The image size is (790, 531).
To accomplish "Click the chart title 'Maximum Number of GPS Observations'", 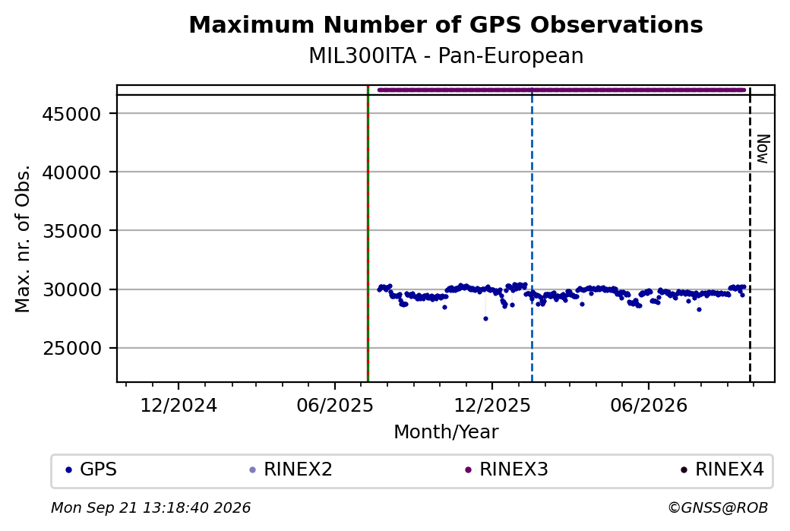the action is click(446, 24).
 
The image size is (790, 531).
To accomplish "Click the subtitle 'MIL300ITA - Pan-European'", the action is click(446, 56).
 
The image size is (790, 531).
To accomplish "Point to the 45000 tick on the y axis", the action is click(71, 114).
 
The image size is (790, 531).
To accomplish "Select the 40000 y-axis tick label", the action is click(71, 172).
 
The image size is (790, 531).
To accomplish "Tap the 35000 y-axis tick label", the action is click(71, 231).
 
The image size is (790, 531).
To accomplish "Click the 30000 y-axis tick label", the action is click(71, 290).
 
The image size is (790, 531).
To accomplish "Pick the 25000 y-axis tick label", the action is click(71, 349).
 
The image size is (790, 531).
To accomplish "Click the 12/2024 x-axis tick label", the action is click(179, 406).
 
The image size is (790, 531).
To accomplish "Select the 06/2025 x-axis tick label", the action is click(335, 406).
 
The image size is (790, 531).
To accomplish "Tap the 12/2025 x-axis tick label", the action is click(492, 406).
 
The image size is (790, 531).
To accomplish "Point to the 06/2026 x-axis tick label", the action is click(649, 406).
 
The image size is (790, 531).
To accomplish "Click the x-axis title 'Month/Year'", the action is click(446, 432).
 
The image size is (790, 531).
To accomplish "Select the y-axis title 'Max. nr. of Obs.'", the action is click(23, 239).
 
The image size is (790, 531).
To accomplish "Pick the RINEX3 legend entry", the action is click(507, 469).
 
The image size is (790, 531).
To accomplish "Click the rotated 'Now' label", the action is click(763, 149).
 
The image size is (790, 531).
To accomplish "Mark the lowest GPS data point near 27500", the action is click(485, 318).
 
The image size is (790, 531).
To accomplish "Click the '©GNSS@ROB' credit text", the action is click(718, 507).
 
